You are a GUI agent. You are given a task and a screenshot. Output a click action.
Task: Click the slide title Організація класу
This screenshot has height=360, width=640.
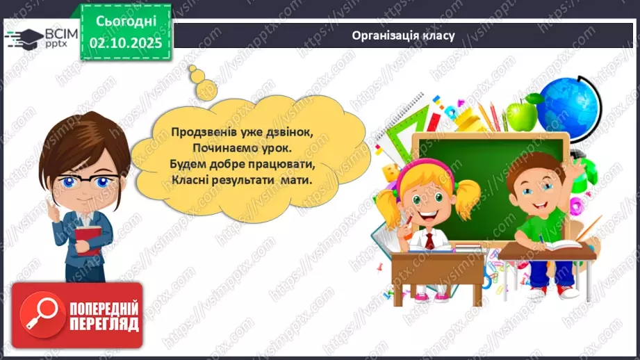pyautogui.click(x=403, y=35)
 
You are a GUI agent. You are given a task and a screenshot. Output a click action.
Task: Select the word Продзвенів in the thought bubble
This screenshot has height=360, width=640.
pyautogui.click(x=199, y=131)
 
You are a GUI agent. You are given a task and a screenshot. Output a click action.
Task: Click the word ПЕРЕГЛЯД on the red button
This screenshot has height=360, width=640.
pyautogui.click(x=104, y=324)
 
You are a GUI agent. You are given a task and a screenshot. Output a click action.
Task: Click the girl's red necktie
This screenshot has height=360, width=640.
pyautogui.click(x=430, y=240)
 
